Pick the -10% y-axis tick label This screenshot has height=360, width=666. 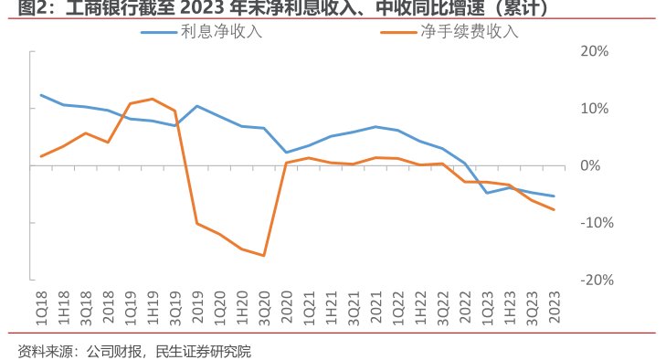594,223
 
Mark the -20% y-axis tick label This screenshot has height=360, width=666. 594,280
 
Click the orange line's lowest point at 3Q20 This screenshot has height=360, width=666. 264,256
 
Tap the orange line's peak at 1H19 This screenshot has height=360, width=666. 153,99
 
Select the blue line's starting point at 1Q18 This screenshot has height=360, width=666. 41,95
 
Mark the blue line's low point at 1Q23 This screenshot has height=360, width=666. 486,193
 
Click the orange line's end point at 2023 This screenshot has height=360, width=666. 554,210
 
